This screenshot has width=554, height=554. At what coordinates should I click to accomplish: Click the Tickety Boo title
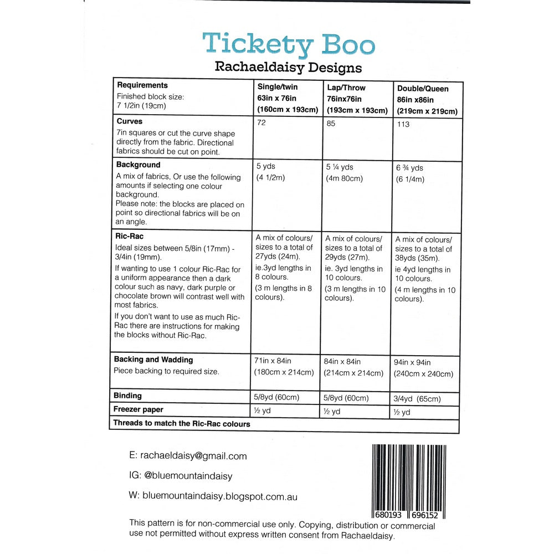pyautogui.click(x=288, y=45)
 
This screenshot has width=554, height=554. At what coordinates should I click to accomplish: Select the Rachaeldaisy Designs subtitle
pyautogui.click(x=288, y=68)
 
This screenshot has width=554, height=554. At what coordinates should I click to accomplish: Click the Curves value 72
pyautogui.click(x=261, y=122)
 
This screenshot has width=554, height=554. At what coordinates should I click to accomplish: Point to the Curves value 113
pyautogui.click(x=403, y=124)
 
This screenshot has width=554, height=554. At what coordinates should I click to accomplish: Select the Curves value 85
pyautogui.click(x=331, y=123)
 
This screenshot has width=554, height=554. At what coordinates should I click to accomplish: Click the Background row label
pyautogui.click(x=138, y=165)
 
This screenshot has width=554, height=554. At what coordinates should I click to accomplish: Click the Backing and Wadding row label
pyautogui.click(x=153, y=360)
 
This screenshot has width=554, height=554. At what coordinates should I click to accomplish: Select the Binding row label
pyautogui.click(x=128, y=396)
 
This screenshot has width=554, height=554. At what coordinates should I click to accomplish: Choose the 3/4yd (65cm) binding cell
pyautogui.click(x=418, y=399)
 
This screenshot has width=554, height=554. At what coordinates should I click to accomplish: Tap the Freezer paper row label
pyautogui.click(x=138, y=410)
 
